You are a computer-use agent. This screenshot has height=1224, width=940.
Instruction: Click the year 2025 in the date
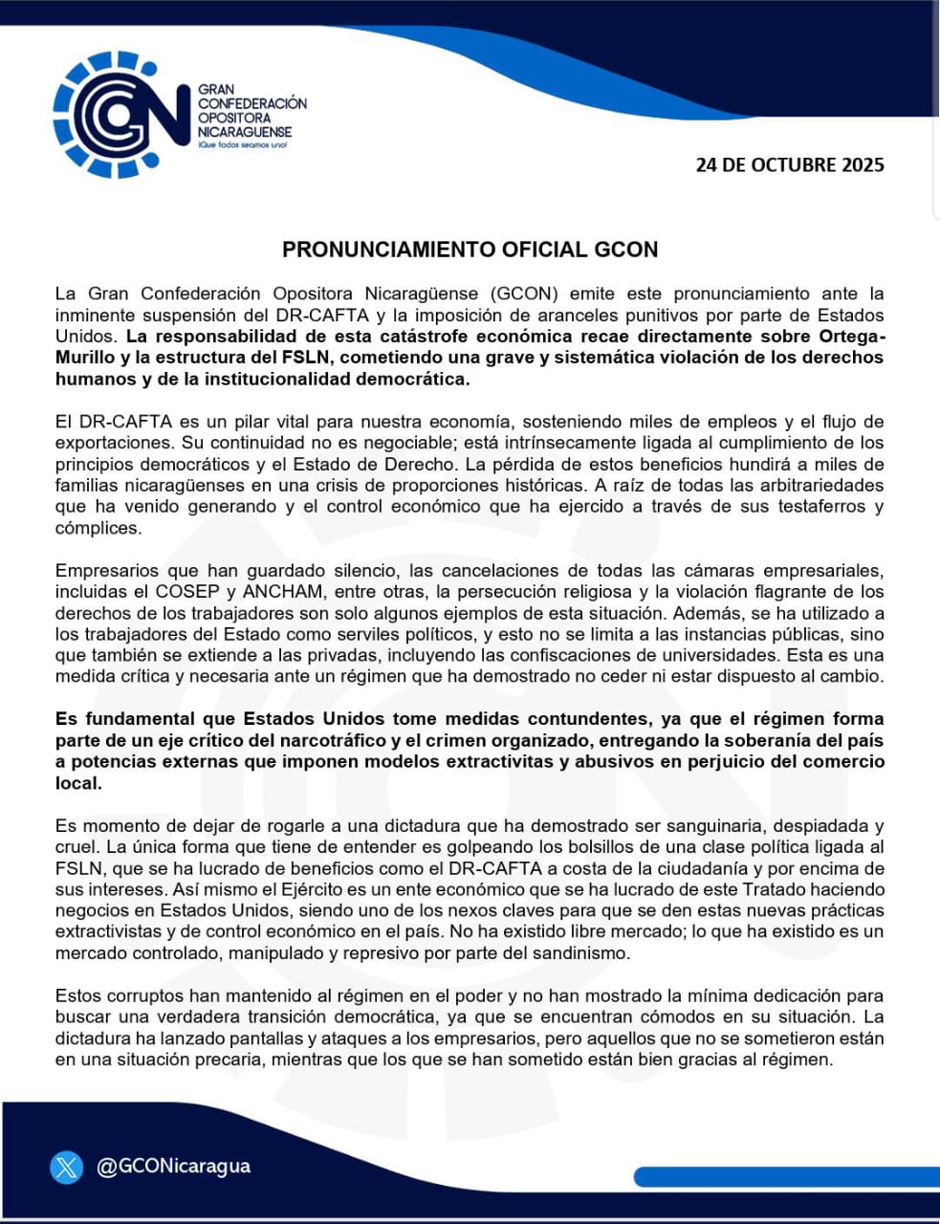(863, 164)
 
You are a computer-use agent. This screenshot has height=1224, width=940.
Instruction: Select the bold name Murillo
(85, 358)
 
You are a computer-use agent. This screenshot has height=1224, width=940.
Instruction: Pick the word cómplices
(98, 528)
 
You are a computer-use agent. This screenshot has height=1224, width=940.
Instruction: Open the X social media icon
(67, 1167)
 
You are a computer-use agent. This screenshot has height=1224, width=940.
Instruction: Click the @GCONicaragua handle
(174, 1167)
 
